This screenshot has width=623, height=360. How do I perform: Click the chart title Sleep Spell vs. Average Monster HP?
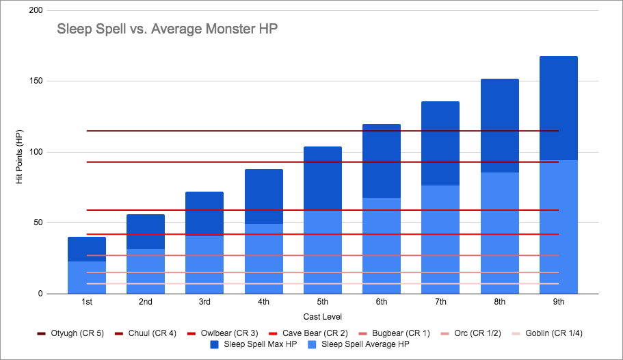point(167,29)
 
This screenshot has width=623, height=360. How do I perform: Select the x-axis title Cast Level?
point(322,316)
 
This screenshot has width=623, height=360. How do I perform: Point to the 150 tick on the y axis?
point(41,81)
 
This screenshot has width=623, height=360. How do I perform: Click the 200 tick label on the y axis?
point(41,11)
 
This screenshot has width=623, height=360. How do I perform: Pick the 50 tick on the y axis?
point(43,223)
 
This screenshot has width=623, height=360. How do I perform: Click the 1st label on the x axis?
point(86,302)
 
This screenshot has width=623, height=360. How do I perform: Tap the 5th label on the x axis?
point(322,302)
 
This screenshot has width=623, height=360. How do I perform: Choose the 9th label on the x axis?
point(558,302)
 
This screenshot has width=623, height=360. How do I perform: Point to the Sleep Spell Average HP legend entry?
point(360,344)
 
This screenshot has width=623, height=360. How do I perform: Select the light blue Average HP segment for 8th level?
point(499,233)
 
